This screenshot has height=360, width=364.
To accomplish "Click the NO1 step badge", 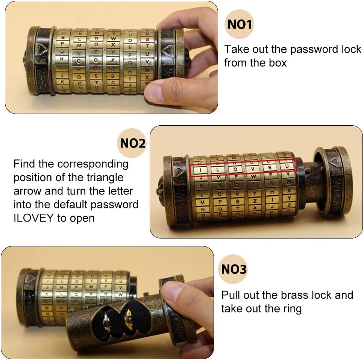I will pos(240,24).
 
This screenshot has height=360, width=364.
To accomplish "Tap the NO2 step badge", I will pos(132,143).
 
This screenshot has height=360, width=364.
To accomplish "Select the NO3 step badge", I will pos(233,269).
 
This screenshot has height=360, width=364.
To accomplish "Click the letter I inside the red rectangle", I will pos(200,170).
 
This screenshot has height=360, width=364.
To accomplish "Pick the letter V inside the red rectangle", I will pos(252,168).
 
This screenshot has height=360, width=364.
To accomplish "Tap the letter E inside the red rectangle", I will pos(269,167).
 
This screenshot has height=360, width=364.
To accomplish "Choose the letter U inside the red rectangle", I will pos(287,166).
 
